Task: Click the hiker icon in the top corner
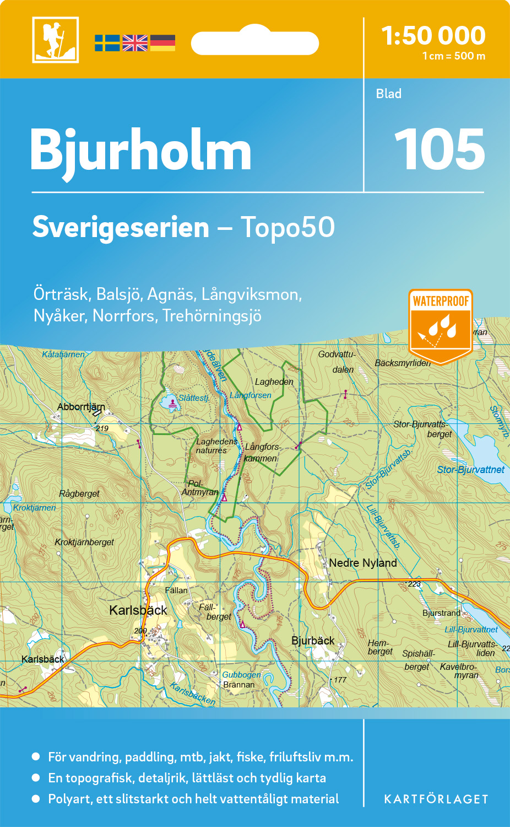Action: coord(55,40)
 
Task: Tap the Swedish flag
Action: coord(107,43)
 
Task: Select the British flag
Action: coord(135,43)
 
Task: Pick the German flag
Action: coord(162,43)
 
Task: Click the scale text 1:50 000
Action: coord(433,36)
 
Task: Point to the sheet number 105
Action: coord(439,149)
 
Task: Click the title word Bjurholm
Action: coord(140,151)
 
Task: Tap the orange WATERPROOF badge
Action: coord(441,325)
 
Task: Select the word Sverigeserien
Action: coord(121,227)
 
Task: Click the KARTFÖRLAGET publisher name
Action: coord(436,799)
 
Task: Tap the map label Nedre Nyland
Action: coord(362,563)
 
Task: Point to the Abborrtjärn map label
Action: coord(80,407)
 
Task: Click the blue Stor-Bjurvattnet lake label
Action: coord(470,470)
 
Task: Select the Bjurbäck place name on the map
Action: coord(313,641)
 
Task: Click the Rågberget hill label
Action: coord(79,493)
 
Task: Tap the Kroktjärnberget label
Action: coord(84,542)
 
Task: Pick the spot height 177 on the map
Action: coord(340,680)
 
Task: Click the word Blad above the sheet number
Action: coord(388,94)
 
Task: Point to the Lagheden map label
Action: coord(274,382)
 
